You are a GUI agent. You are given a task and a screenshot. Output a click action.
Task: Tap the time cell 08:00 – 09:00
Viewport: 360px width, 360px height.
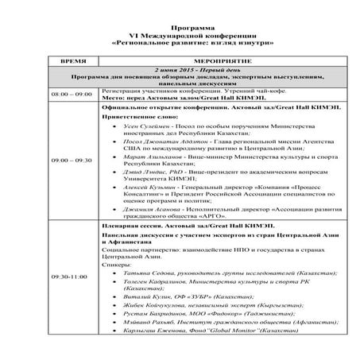pyautogui.click(x=72, y=94)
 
